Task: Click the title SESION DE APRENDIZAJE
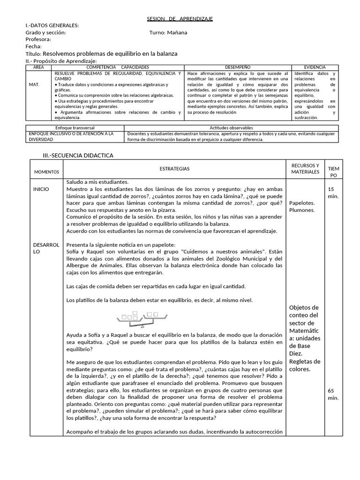point(180,18)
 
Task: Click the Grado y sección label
point(45,33)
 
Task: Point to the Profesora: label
point(38,40)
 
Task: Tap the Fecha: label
point(33,47)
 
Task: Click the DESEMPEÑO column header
point(238,67)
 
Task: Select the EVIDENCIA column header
point(315,67)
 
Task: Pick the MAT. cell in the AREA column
point(34,84)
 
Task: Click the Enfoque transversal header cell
point(75,128)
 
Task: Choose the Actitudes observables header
point(231,128)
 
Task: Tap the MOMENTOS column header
point(46,172)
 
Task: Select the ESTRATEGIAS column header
point(174,169)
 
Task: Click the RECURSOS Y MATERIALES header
point(305,169)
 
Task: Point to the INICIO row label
point(41,189)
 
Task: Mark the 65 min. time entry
point(333,394)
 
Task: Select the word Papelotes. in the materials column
point(302,203)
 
